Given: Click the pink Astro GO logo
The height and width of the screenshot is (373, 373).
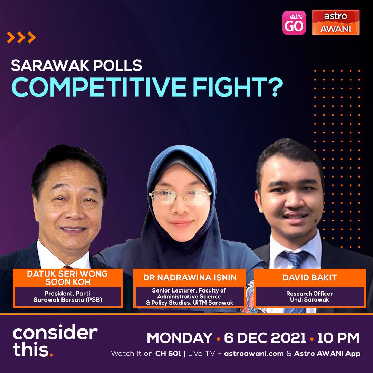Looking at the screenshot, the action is pos(294,22).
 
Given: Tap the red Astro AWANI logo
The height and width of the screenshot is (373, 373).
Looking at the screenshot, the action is pos(336,22).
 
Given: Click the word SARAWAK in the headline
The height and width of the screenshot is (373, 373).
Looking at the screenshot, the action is pos(50,65).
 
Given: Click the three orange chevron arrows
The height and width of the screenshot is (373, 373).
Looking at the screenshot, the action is pos(21,37).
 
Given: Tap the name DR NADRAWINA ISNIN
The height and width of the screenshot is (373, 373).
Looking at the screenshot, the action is pos(190,278).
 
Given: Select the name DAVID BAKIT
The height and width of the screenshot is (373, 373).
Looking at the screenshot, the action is pos(310,278).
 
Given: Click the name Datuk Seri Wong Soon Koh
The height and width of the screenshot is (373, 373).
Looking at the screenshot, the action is pos(68,278).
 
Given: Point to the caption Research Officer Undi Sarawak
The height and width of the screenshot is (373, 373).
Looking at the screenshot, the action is pos(309,297).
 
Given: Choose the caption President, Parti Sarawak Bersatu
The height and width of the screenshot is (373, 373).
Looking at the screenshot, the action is pos(68,297).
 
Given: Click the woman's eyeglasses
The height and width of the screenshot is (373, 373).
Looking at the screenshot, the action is pos(180,197).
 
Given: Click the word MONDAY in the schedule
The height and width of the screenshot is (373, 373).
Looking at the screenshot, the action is pos(180,338).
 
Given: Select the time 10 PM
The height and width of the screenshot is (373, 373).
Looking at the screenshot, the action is pos(338,338).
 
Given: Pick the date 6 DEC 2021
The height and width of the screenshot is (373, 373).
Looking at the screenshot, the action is pos(265,338).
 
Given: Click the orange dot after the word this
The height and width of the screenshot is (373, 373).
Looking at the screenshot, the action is pos(51,355).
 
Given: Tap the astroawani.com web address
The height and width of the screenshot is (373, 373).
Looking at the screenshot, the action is pos(254,354).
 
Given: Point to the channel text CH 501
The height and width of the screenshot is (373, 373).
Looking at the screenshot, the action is pos(168,354).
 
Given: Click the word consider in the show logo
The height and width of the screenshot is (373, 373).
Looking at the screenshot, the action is pos(55,333).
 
